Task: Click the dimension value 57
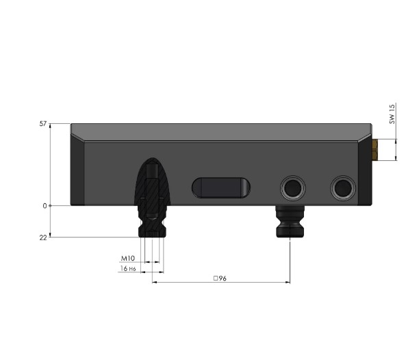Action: pyautogui.click(x=42, y=124)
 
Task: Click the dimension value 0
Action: pyautogui.click(x=45, y=205)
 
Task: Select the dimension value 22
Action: pyautogui.click(x=42, y=237)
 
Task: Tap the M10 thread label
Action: pyautogui.click(x=128, y=259)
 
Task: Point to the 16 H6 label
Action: pyautogui.click(x=127, y=270)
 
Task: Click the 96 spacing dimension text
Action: pyautogui.click(x=222, y=279)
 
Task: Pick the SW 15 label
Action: pyautogui.click(x=392, y=114)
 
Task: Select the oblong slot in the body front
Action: pyautogui.click(x=221, y=186)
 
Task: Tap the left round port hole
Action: pyautogui.click(x=293, y=186)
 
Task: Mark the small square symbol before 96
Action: pyautogui.click(x=216, y=279)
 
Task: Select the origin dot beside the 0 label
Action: pyautogui.click(x=51, y=205)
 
